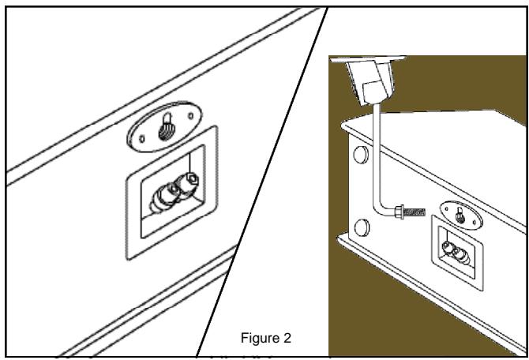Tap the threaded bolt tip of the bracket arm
point(415,212)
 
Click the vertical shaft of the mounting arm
point(377,158)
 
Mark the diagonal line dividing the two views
point(261,182)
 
